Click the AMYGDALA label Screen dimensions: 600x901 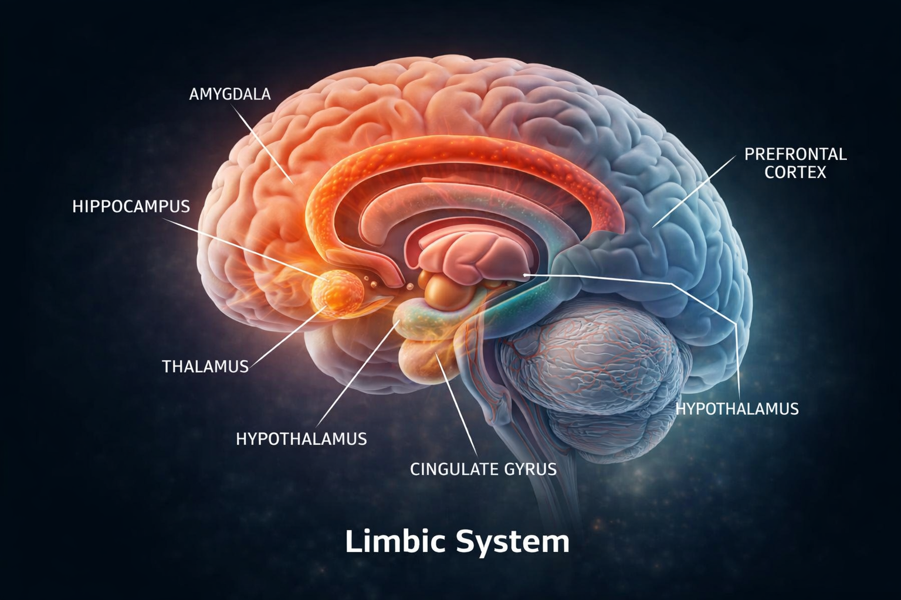coord(230,94)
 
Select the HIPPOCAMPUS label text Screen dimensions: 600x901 coord(131,206)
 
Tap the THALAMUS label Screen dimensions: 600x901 coord(205,367)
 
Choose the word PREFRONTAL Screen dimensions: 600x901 coord(795,154)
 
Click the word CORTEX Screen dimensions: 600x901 coord(795,172)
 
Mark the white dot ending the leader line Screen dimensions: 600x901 coord(525,274)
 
